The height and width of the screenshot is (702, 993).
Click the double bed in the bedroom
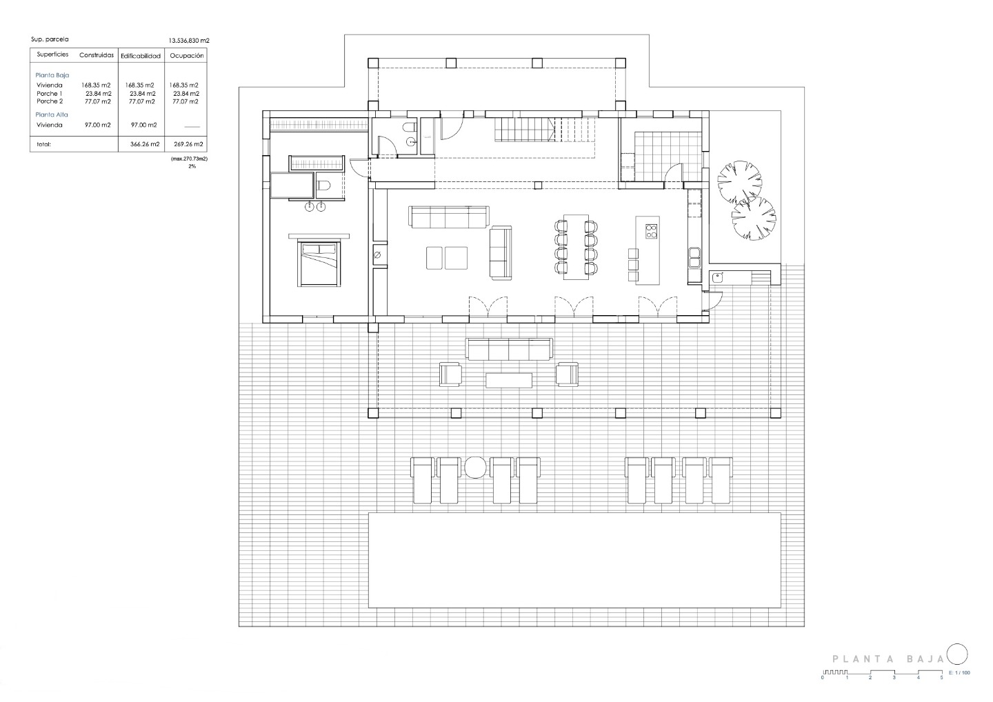point(319,263)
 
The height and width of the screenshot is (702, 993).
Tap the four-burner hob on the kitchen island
point(651,231)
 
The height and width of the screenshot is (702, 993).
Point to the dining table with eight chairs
point(576,248)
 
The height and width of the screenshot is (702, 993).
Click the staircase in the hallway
point(545,130)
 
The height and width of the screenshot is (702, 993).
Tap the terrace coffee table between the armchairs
point(509,380)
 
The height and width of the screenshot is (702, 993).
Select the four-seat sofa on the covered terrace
point(509,349)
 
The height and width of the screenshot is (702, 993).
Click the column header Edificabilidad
point(141,57)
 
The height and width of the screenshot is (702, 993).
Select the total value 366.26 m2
point(145,144)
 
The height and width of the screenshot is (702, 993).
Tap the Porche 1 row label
point(49,94)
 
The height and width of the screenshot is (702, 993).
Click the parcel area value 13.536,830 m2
point(189,40)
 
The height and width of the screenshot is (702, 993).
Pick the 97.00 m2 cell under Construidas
point(97,125)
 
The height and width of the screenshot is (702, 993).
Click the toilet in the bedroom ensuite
point(324,185)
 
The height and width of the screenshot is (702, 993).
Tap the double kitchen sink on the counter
point(694,258)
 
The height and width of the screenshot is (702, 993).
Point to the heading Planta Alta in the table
point(52,114)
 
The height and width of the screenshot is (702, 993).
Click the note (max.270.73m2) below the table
point(189,159)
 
